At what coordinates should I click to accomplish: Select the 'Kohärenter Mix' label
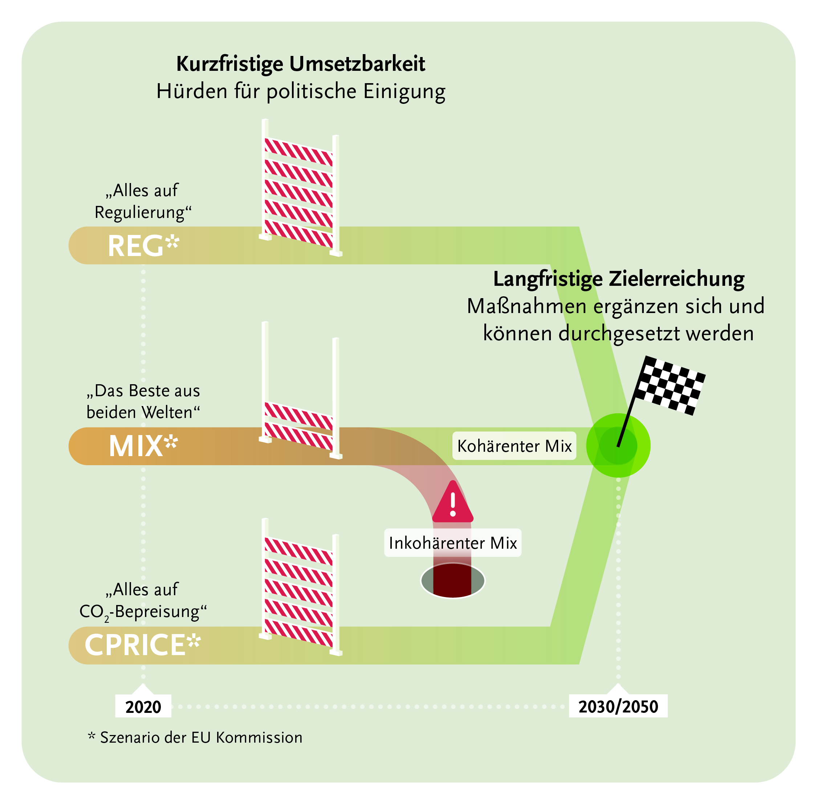tap(514, 446)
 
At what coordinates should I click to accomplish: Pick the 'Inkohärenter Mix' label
tap(453, 543)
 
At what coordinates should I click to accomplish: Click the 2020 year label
tap(143, 706)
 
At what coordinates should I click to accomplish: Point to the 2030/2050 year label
tap(618, 706)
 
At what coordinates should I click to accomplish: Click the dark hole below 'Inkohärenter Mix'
tap(453, 582)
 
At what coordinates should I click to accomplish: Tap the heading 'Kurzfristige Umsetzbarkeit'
tap(301, 64)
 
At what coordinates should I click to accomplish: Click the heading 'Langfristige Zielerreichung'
tap(618, 279)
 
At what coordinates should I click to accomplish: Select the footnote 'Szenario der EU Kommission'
tap(201, 738)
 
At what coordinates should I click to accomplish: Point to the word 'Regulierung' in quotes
tap(140, 212)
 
